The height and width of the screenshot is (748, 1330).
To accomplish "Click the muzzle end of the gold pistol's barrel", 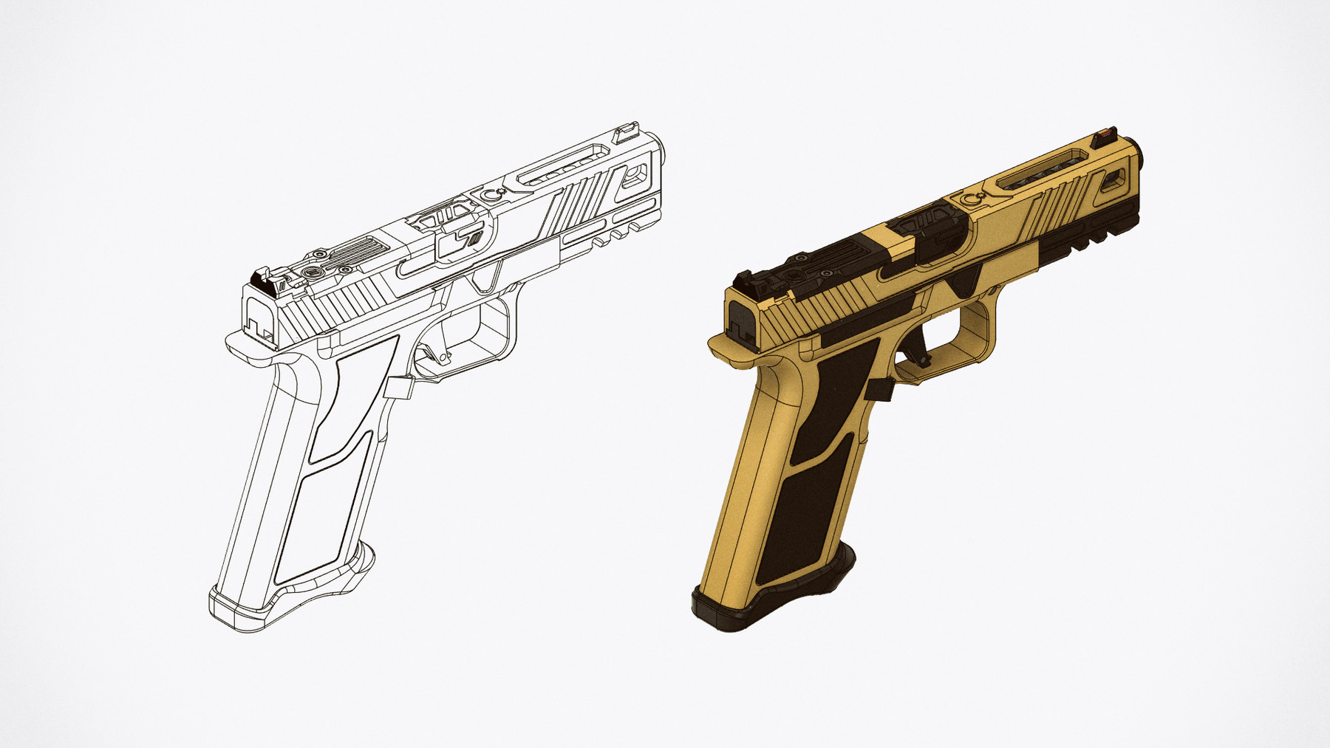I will (x=1142, y=153).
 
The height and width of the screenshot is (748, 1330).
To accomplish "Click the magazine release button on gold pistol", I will (x=881, y=389).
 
